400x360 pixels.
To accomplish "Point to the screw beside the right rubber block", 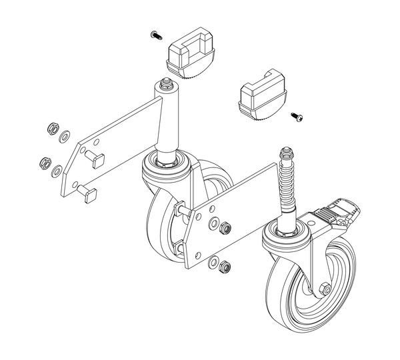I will (297, 117).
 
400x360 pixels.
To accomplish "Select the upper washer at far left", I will (64, 137).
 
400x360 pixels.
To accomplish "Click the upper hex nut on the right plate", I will (225, 229).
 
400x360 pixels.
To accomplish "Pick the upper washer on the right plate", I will (214, 225).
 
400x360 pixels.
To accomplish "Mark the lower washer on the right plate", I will (213, 263).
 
